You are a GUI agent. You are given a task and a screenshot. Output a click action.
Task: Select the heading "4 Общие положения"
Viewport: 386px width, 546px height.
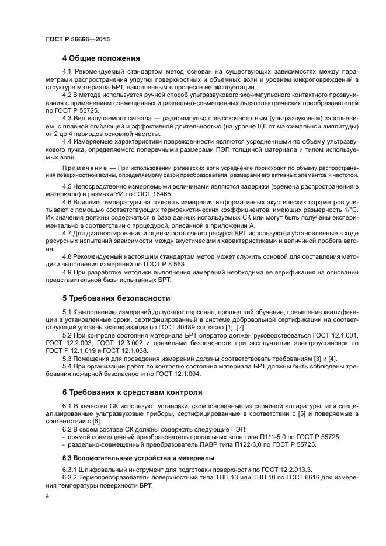pyautogui.click(x=101, y=58)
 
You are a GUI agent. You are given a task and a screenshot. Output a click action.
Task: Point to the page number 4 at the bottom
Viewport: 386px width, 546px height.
pyautogui.click(x=48, y=496)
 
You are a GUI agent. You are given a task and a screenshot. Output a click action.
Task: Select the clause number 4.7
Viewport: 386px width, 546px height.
pyautogui.click(x=68, y=232)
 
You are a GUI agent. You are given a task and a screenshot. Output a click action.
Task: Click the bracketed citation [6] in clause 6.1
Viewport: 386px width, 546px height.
pyautogui.click(x=95, y=420)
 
